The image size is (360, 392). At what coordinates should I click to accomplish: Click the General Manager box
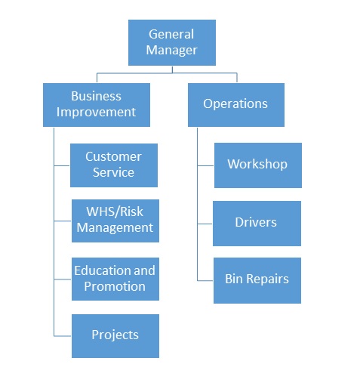(x=172, y=42)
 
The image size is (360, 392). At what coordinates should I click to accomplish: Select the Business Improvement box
(x=97, y=105)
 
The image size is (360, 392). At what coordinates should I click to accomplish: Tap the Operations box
(x=236, y=105)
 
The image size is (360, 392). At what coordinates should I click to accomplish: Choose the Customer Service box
(x=114, y=165)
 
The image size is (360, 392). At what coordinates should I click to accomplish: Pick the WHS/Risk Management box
(x=115, y=221)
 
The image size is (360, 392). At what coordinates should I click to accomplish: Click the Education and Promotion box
(x=115, y=279)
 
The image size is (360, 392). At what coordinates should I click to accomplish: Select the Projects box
(x=115, y=336)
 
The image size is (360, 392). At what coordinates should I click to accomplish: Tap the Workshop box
(x=258, y=165)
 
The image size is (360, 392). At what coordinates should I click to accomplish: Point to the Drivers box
(x=257, y=224)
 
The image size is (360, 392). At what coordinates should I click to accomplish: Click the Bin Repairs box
(x=257, y=280)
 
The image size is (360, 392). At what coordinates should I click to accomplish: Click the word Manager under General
(x=171, y=50)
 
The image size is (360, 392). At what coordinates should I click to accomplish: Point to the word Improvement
(x=96, y=112)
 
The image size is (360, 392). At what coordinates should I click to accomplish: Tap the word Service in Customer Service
(x=113, y=172)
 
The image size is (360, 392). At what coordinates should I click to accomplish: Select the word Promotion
(x=115, y=286)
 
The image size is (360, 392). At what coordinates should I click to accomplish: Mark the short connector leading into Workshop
(x=205, y=165)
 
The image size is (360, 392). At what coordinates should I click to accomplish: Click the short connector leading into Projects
(x=63, y=336)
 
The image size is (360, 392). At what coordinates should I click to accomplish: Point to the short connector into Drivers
(x=205, y=224)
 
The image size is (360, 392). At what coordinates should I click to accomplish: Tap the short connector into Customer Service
(x=62, y=165)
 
